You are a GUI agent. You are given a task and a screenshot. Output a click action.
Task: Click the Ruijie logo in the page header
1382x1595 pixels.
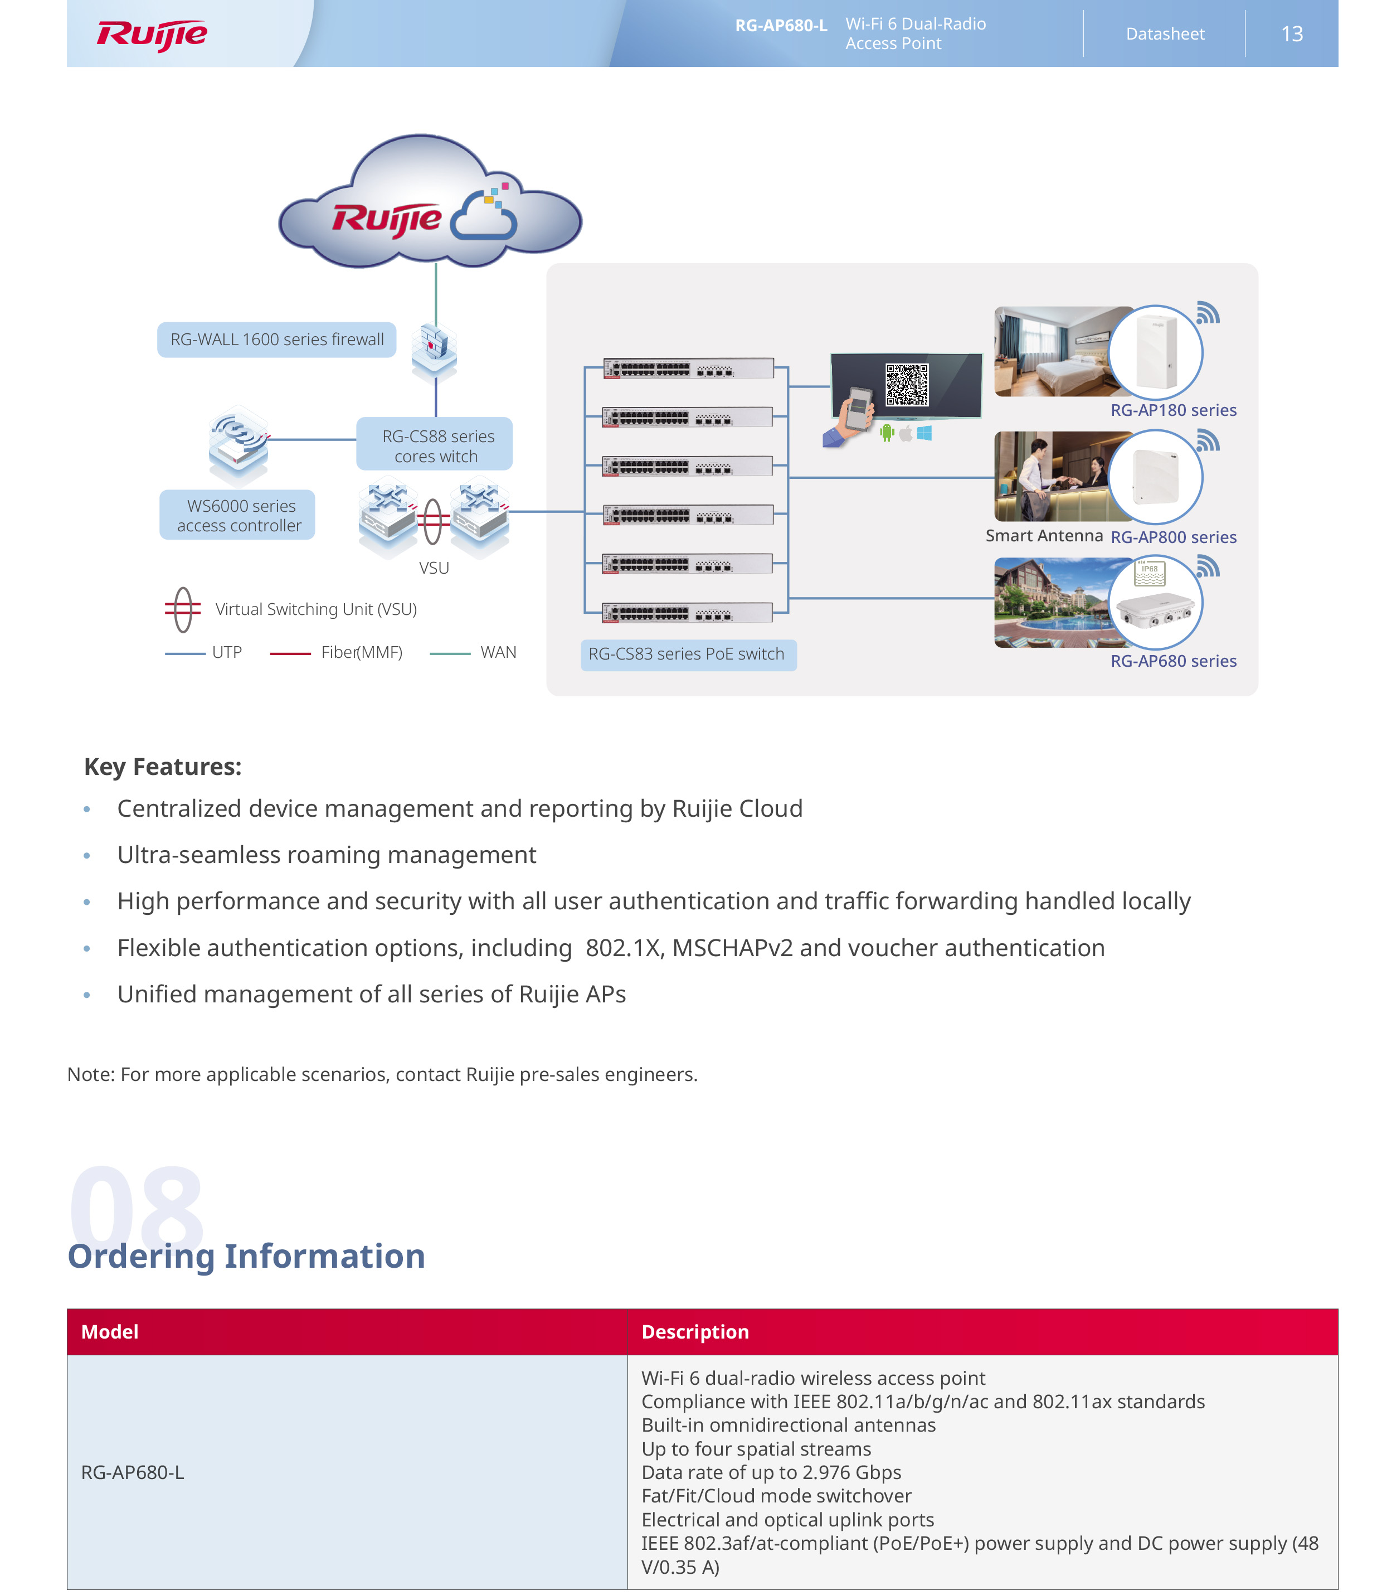152,35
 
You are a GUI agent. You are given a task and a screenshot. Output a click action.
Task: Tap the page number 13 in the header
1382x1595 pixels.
1292,34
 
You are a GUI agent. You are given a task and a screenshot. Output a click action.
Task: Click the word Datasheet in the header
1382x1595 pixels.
1165,34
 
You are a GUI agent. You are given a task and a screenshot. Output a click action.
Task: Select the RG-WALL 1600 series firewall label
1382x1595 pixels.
277,340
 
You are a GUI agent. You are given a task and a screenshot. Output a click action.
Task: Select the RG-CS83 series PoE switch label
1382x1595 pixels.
687,655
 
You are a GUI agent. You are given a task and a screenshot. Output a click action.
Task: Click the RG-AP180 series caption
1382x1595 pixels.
1172,410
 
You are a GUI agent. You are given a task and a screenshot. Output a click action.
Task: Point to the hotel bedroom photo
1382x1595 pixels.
1053,352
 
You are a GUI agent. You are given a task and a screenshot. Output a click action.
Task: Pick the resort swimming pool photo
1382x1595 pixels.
1053,603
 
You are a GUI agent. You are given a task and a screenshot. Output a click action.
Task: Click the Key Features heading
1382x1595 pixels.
163,767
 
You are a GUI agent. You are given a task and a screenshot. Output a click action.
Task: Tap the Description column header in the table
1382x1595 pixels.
695,1332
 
